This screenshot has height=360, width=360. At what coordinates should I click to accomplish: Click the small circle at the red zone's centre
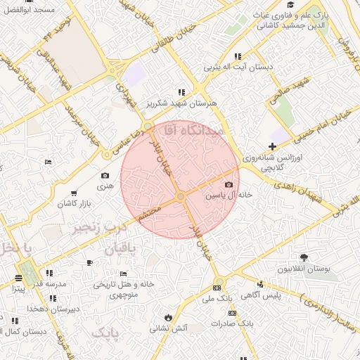[181, 196]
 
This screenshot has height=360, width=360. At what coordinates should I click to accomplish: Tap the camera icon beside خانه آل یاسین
[228, 184]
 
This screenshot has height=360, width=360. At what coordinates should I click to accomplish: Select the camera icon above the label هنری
[105, 176]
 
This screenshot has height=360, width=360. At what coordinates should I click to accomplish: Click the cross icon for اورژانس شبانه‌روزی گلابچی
[272, 146]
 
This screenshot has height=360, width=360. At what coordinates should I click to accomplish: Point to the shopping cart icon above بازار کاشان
[74, 193]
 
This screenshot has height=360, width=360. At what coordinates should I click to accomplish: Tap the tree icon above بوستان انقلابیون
[304, 258]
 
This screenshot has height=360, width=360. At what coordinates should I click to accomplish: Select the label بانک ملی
[217, 299]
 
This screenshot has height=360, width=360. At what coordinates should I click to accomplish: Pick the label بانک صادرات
[236, 323]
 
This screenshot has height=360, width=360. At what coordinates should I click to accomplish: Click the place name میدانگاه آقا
[192, 131]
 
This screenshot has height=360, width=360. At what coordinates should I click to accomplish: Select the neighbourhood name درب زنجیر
[100, 229]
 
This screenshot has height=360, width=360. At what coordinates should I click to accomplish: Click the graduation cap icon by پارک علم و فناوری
[290, 6]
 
